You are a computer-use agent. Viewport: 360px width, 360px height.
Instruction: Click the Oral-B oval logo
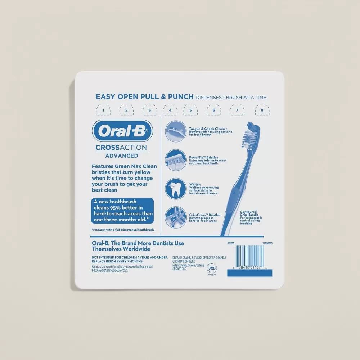point(122,131)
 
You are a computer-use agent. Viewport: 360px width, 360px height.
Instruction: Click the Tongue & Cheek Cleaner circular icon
point(176,131)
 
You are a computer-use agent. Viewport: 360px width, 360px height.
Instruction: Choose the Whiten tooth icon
point(176,189)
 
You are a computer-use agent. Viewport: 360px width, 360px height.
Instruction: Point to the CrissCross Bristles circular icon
point(176,217)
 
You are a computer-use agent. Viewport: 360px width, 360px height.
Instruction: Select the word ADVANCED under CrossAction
point(122,156)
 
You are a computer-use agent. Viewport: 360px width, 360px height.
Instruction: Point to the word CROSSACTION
point(121,147)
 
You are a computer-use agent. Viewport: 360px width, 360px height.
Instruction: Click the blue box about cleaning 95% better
point(122,210)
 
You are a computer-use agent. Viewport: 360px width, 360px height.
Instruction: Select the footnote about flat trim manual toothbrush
point(123,230)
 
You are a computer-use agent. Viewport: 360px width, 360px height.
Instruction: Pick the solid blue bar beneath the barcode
point(249,273)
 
